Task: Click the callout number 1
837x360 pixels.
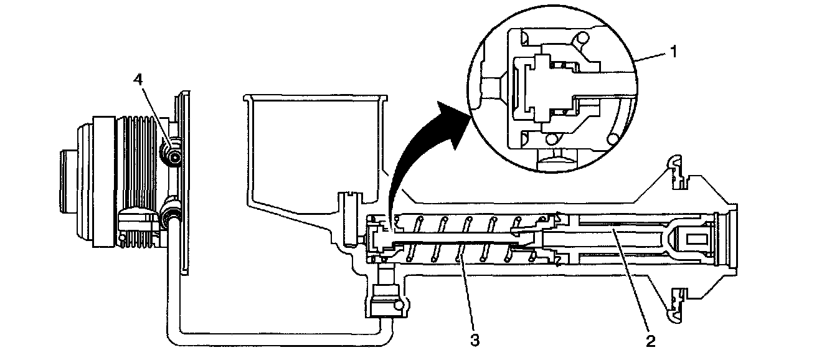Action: (672, 52)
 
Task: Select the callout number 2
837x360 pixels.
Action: (650, 341)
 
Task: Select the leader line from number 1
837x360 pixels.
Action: (651, 57)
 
